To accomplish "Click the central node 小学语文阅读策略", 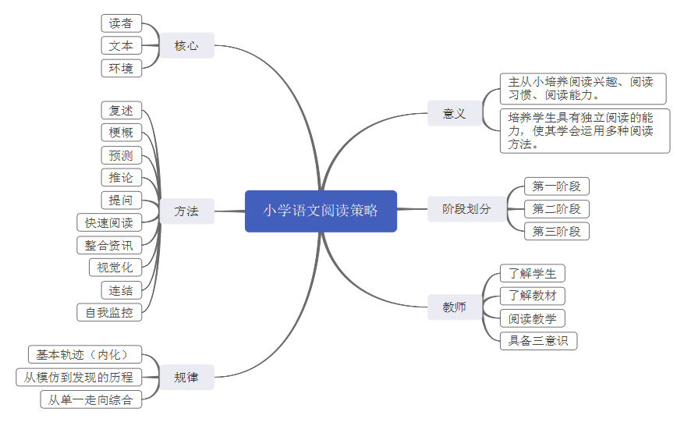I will (x=321, y=211).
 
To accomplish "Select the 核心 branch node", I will (x=186, y=46).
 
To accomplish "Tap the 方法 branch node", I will (x=186, y=211).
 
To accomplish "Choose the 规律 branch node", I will (x=186, y=378).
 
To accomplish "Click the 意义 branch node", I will (x=454, y=114).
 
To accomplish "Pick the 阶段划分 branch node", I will (x=466, y=209).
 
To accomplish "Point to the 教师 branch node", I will (x=454, y=307).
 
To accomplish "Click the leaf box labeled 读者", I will (x=121, y=23).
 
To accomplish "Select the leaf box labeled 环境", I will (x=121, y=68).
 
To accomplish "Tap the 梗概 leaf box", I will (x=121, y=133).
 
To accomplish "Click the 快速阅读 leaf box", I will (x=109, y=223).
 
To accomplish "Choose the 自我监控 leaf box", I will (x=109, y=313).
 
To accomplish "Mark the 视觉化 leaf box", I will (x=115, y=268).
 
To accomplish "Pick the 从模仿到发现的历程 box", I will (x=79, y=378).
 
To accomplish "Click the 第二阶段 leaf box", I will (x=557, y=209).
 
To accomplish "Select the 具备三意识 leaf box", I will (x=538, y=341).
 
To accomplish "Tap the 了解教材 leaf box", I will (x=533, y=296).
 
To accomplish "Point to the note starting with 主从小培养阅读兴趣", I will (x=583, y=89).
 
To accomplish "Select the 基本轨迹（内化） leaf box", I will (x=85, y=355).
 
